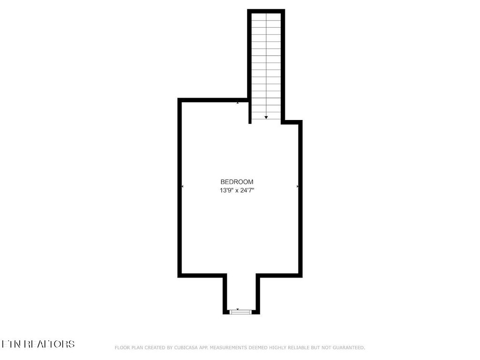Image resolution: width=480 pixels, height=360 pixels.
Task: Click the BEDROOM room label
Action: click(x=237, y=182)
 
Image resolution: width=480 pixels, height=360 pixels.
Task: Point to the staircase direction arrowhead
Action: click(x=266, y=118)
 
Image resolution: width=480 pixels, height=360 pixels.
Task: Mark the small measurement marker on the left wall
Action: click(x=182, y=187)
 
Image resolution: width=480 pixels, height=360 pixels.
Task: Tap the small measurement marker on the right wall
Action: click(x=298, y=187)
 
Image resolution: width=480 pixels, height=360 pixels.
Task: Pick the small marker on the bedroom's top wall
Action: click(x=238, y=103)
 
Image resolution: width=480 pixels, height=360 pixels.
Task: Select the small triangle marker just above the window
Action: click(x=238, y=309)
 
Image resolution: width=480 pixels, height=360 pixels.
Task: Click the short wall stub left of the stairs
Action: click(x=250, y=112)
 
